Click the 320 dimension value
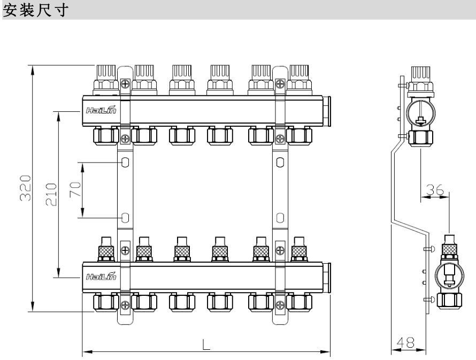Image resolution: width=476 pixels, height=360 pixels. (26, 188)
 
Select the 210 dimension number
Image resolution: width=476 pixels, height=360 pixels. (51, 195)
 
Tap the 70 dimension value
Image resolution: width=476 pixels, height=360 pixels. (75, 189)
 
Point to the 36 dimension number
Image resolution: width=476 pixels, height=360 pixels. (435, 190)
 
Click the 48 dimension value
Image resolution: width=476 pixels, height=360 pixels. (405, 343)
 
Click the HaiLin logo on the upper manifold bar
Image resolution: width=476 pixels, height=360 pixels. (101, 110)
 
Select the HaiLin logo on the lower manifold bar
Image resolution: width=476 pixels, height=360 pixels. (101, 276)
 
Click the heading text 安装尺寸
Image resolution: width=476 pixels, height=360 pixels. (35, 10)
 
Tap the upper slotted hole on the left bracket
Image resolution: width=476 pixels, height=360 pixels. (125, 163)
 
